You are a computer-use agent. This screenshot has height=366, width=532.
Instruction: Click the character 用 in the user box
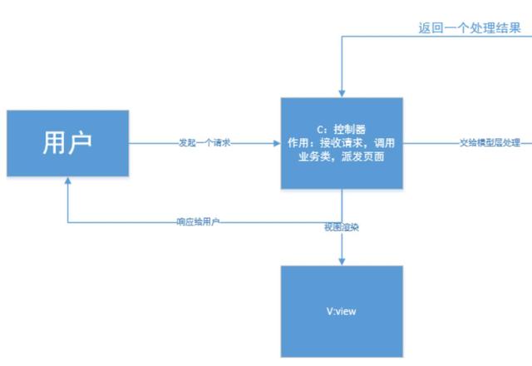[54, 142]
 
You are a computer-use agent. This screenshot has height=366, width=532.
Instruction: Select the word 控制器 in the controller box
[350, 130]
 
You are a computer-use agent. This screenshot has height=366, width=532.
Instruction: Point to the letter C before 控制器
[320, 130]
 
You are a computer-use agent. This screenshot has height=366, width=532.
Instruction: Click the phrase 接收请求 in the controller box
[340, 142]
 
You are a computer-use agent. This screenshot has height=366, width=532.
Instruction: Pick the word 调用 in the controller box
[387, 142]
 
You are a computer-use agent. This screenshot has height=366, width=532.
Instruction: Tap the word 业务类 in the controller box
[318, 156]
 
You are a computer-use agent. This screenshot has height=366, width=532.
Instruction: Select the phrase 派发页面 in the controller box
[364, 156]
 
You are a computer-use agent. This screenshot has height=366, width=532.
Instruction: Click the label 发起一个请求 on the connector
[204, 143]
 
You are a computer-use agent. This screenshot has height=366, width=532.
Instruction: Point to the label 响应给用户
[199, 222]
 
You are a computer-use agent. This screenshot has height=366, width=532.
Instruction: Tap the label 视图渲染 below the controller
[341, 226]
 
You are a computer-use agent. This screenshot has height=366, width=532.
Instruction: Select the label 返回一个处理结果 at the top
[470, 28]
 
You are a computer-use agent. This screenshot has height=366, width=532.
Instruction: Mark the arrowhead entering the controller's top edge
[341, 93]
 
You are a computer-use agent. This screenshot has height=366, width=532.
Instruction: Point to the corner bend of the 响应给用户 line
[69, 222]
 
